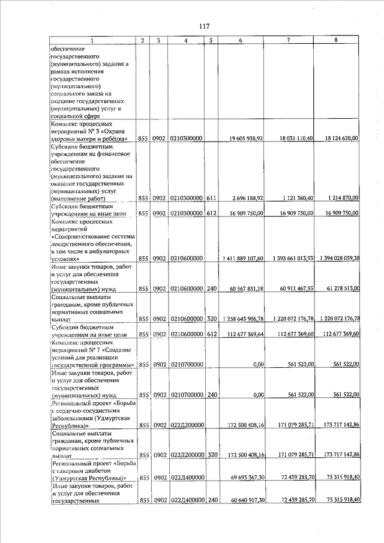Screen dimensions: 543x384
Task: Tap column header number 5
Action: [x=211, y=40]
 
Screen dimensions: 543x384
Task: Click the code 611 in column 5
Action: [x=211, y=197]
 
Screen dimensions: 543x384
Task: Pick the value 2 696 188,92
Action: [x=246, y=197]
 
